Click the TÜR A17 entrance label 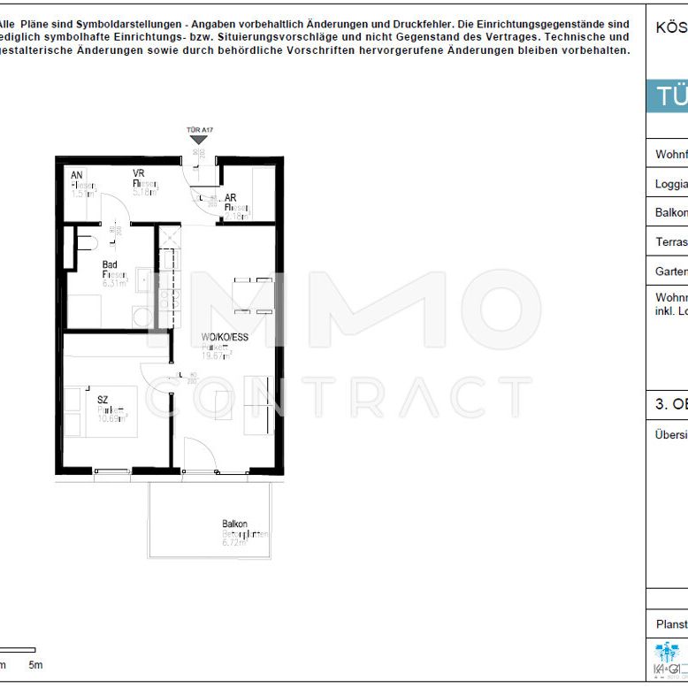tap(200, 130)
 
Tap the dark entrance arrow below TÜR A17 tap(200, 140)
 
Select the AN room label tap(77, 175)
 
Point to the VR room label tap(139, 173)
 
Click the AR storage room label tap(230, 198)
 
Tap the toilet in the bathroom tap(85, 241)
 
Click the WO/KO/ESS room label tap(218, 337)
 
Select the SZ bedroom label tap(103, 400)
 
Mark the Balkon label tap(234, 524)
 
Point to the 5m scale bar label tap(35, 664)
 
